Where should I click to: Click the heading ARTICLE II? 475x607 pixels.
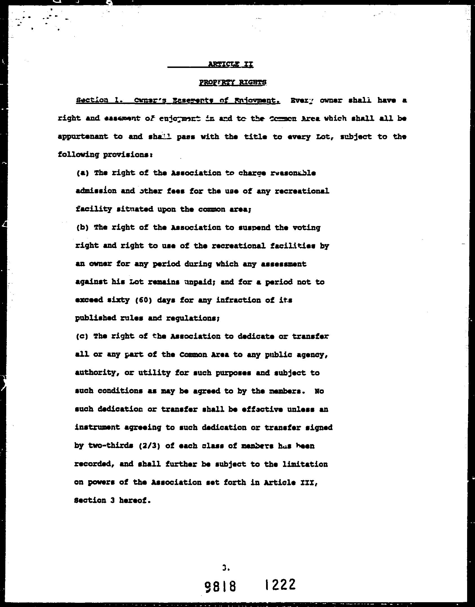click(231, 64)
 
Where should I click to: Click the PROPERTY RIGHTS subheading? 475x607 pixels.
click(233, 82)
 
